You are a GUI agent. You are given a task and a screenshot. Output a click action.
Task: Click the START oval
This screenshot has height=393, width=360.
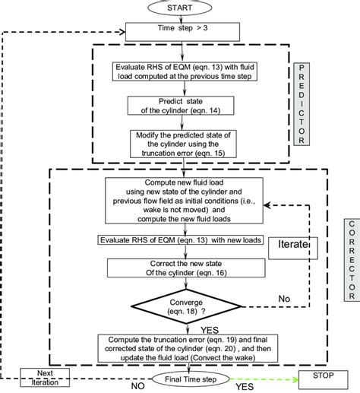(x=181, y=8)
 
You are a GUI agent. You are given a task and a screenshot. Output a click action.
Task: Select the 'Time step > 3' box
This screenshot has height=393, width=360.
(x=180, y=32)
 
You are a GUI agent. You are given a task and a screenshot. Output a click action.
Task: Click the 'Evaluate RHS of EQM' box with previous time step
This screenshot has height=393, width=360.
(x=180, y=71)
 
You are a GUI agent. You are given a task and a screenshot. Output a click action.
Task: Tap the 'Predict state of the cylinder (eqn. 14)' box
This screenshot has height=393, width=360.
(x=181, y=107)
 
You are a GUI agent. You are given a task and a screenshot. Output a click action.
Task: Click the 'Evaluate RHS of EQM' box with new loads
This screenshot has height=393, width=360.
(x=179, y=240)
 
